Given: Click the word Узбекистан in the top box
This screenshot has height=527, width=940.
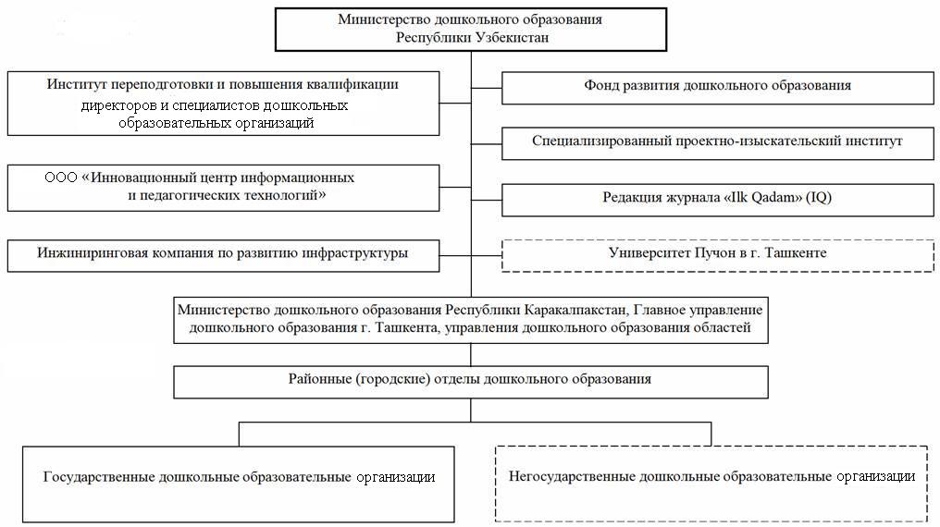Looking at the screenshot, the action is [x=512, y=38].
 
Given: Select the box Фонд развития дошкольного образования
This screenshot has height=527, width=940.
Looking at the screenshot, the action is [x=718, y=88].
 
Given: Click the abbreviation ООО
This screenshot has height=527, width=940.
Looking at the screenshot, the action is [x=61, y=178].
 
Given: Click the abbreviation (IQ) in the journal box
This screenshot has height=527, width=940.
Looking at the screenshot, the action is [x=819, y=198].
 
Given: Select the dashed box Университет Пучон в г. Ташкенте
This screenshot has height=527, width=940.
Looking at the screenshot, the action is [x=718, y=256].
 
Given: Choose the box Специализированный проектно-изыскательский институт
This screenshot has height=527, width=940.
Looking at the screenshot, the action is [x=718, y=143].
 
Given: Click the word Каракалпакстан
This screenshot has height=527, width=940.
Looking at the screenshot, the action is [x=575, y=311].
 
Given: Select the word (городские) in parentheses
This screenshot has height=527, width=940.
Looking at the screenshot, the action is [x=392, y=379].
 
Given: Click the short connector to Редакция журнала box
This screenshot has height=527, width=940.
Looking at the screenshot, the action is [x=486, y=200].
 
